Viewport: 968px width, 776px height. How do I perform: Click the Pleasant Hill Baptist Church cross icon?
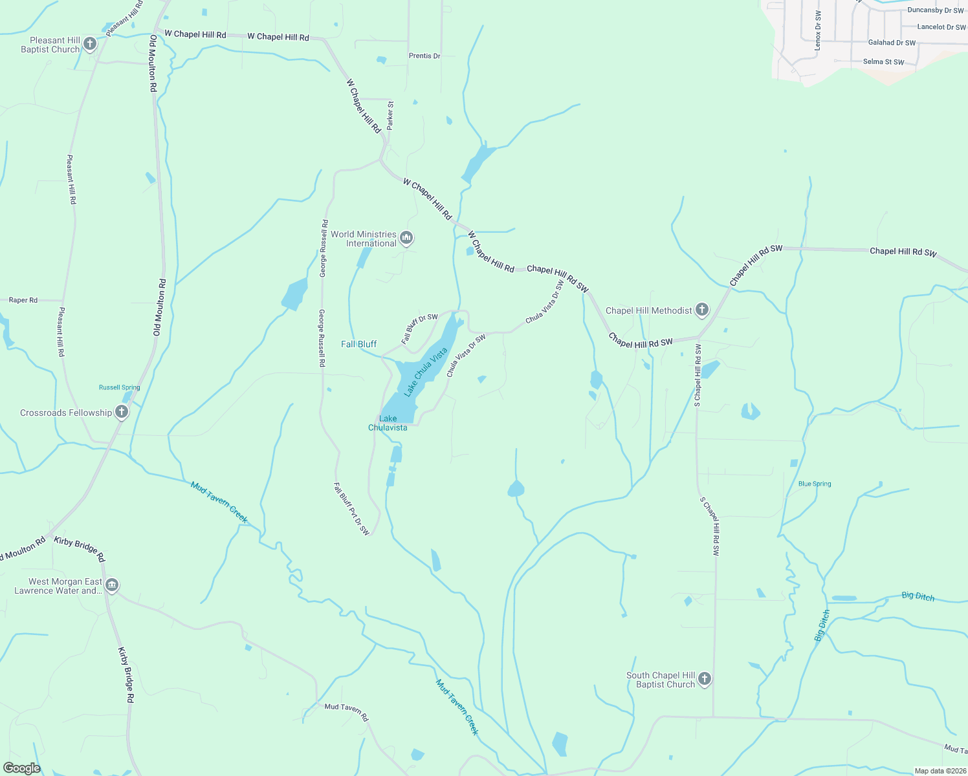tap(90, 44)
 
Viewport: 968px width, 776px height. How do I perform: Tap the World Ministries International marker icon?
tap(406, 238)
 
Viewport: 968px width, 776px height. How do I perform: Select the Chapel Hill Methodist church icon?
tap(702, 310)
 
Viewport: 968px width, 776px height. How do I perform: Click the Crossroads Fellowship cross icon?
tap(121, 412)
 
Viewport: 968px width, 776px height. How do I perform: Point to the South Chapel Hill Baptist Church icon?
tap(705, 679)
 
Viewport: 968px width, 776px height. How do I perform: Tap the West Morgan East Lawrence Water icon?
tap(112, 585)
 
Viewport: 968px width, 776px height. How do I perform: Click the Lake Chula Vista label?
tap(425, 372)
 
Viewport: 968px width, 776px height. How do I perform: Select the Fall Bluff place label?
tap(358, 344)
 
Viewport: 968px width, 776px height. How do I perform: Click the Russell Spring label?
tap(119, 387)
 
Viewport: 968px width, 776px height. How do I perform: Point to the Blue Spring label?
tap(815, 484)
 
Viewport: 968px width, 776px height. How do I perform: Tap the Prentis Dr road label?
tap(424, 56)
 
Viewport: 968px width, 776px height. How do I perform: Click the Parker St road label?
tap(390, 115)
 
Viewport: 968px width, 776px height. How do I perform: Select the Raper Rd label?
tap(23, 300)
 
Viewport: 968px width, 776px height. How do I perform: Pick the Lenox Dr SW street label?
tap(818, 30)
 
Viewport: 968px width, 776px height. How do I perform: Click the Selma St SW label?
tap(883, 62)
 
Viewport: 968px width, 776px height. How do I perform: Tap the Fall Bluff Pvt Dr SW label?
tap(351, 509)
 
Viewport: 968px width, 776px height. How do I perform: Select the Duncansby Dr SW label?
tap(935, 10)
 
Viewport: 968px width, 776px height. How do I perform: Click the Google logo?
tap(21, 768)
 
